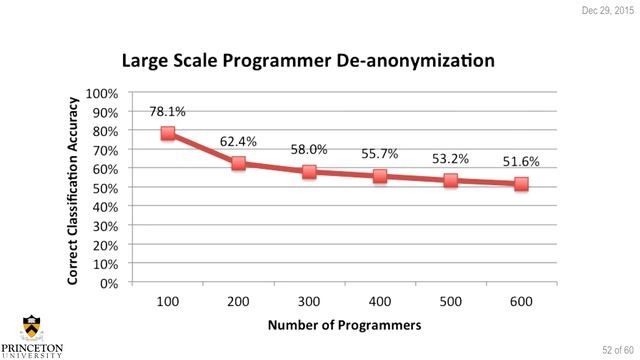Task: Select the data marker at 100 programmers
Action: click(168, 133)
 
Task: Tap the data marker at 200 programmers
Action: click(238, 163)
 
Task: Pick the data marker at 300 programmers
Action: click(309, 171)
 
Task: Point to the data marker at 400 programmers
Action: click(380, 176)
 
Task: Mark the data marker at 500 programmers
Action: click(450, 180)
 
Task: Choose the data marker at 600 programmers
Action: click(521, 184)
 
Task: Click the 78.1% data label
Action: click(168, 112)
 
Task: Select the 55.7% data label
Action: click(380, 154)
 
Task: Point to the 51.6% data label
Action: click(521, 160)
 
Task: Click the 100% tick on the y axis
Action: click(103, 93)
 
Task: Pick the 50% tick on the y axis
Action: click(106, 188)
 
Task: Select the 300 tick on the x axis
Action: click(309, 300)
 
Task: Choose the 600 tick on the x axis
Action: click(521, 300)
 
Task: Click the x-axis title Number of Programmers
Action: click(343, 325)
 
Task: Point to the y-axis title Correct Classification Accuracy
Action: click(74, 187)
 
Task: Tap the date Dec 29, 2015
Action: click(607, 9)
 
